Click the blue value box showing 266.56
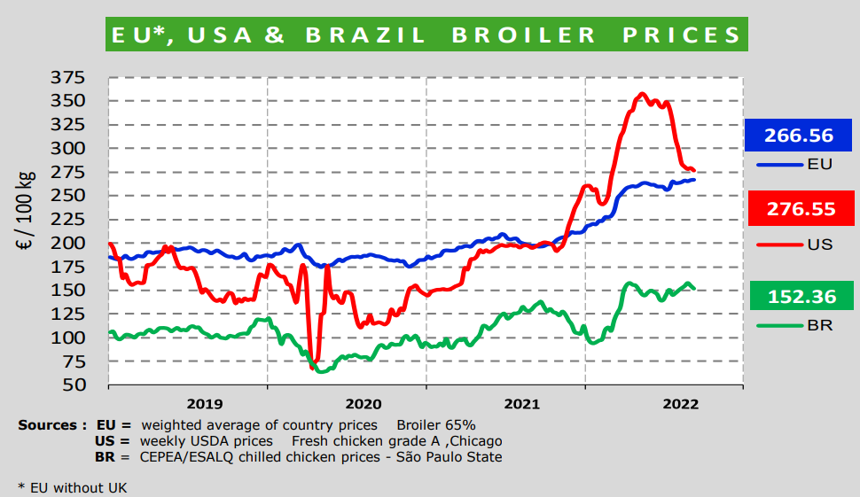pyautogui.click(x=799, y=136)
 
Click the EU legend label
pyautogui.click(x=819, y=164)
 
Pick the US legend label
pyautogui.click(x=820, y=244)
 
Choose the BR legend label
pyautogui.click(x=819, y=326)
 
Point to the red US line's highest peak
pyautogui.click(x=643, y=94)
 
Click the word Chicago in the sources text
pyautogui.click(x=475, y=441)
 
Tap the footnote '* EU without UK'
pyautogui.click(x=74, y=487)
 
